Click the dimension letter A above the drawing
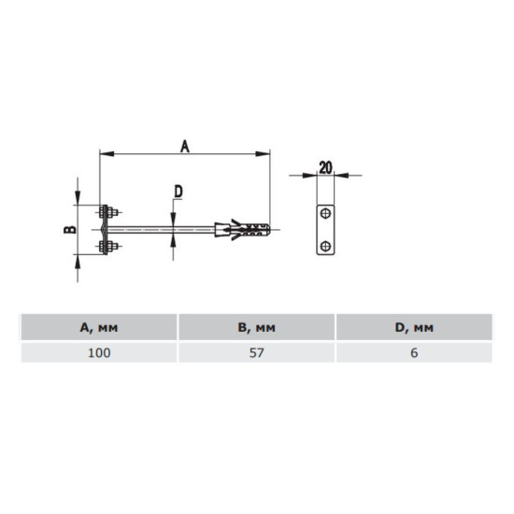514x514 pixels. pos(185,146)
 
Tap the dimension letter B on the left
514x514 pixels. pos(70,230)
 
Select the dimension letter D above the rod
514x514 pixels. pos(178,192)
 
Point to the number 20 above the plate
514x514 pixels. pos(325,167)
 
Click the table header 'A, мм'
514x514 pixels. pos(99,327)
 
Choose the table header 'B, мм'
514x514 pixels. pos(257,327)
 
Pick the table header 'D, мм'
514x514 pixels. pos(414,327)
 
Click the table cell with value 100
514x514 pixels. pos(99,352)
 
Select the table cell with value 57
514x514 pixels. pos(257,352)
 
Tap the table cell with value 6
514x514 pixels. pos(414,352)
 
